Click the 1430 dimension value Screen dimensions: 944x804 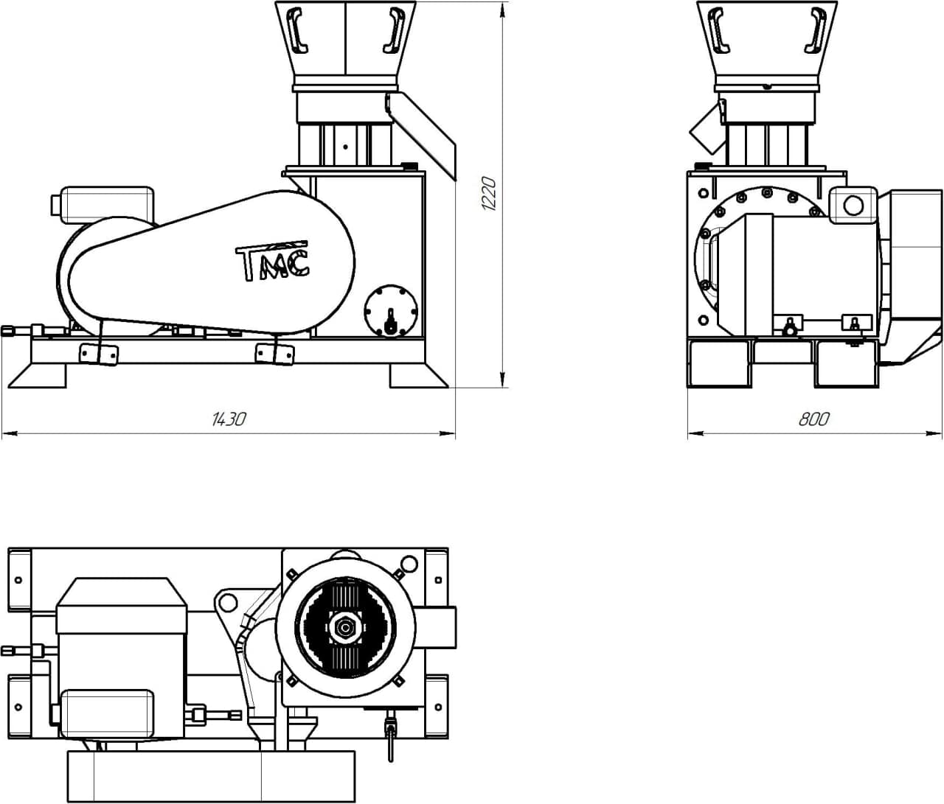point(229,419)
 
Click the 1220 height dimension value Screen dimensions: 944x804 point(489,194)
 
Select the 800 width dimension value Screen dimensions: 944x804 point(814,419)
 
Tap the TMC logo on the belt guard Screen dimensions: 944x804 point(273,260)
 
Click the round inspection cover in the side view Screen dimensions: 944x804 point(391,312)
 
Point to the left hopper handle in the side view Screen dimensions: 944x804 point(297,32)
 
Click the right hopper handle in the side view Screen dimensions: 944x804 point(394,32)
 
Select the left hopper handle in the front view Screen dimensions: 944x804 point(719,32)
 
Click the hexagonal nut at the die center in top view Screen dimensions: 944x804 point(343,629)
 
